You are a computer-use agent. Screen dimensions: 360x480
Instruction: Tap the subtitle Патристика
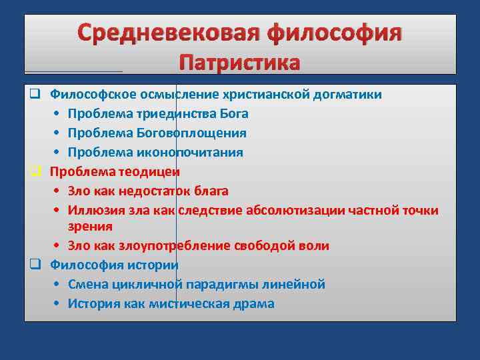coord(240,63)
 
